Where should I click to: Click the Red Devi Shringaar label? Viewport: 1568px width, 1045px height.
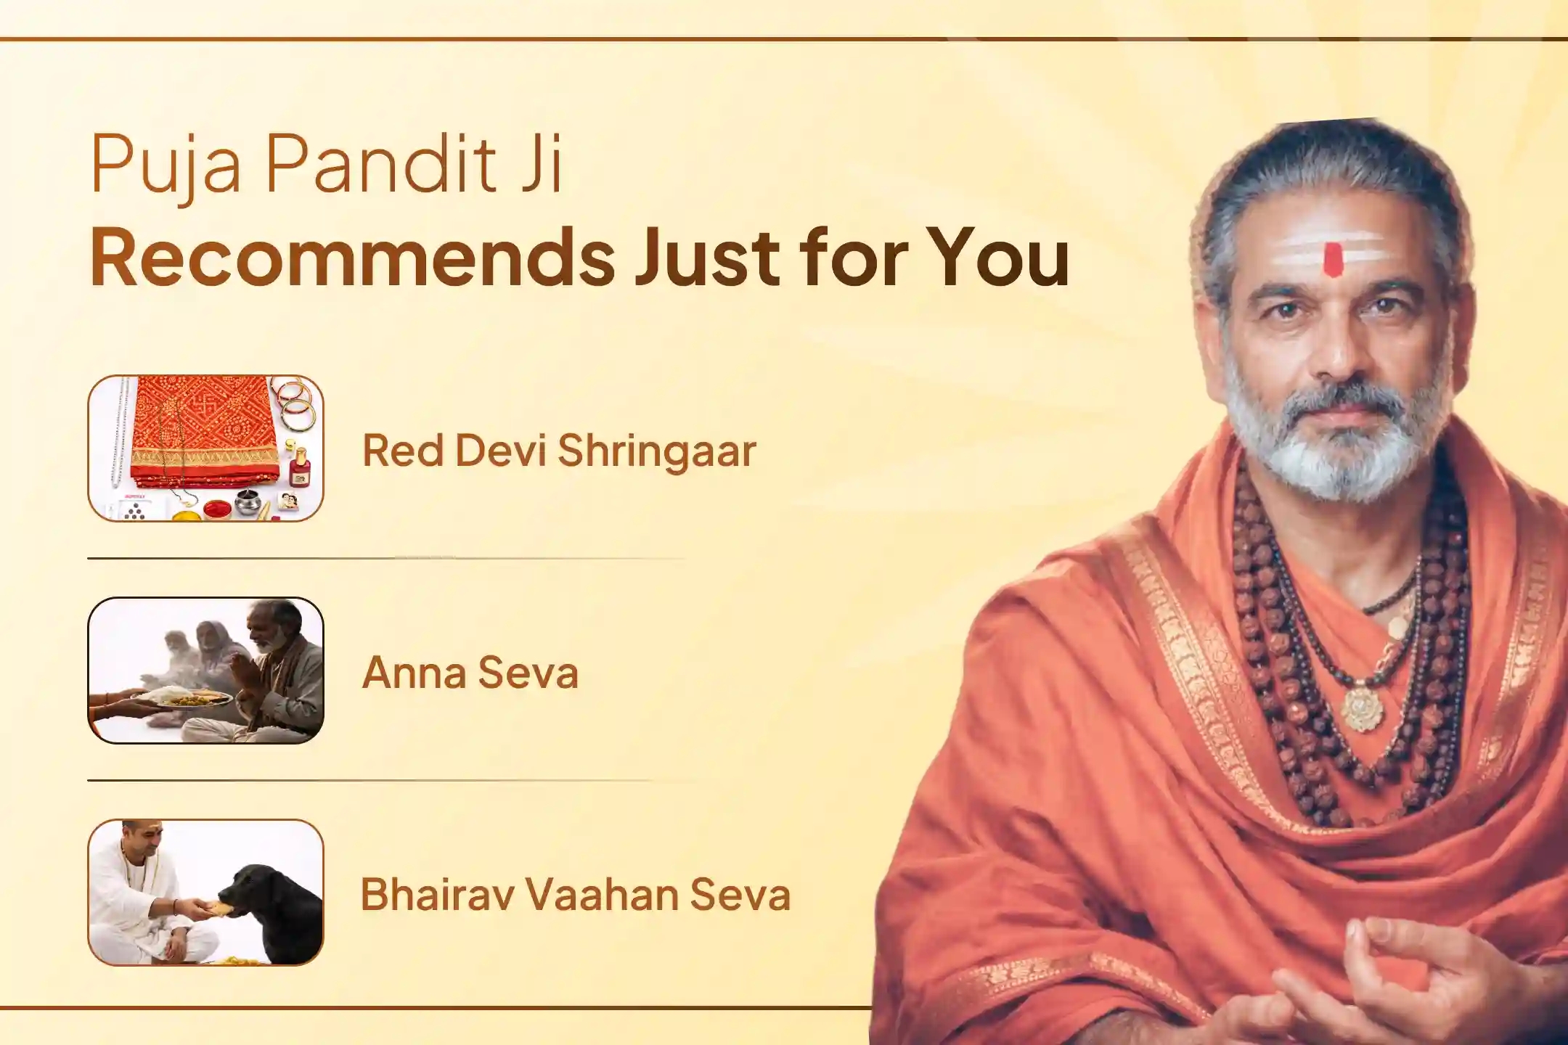coord(559,450)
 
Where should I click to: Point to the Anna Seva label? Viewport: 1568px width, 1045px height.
coord(470,672)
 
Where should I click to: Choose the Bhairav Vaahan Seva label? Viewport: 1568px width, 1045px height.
coord(575,894)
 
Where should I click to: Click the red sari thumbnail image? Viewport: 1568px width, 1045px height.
coord(205,448)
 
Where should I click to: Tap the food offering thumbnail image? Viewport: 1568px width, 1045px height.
coord(205,671)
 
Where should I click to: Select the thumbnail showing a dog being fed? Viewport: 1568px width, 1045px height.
coord(205,893)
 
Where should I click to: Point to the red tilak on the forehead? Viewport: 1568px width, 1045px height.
coord(1332,260)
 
